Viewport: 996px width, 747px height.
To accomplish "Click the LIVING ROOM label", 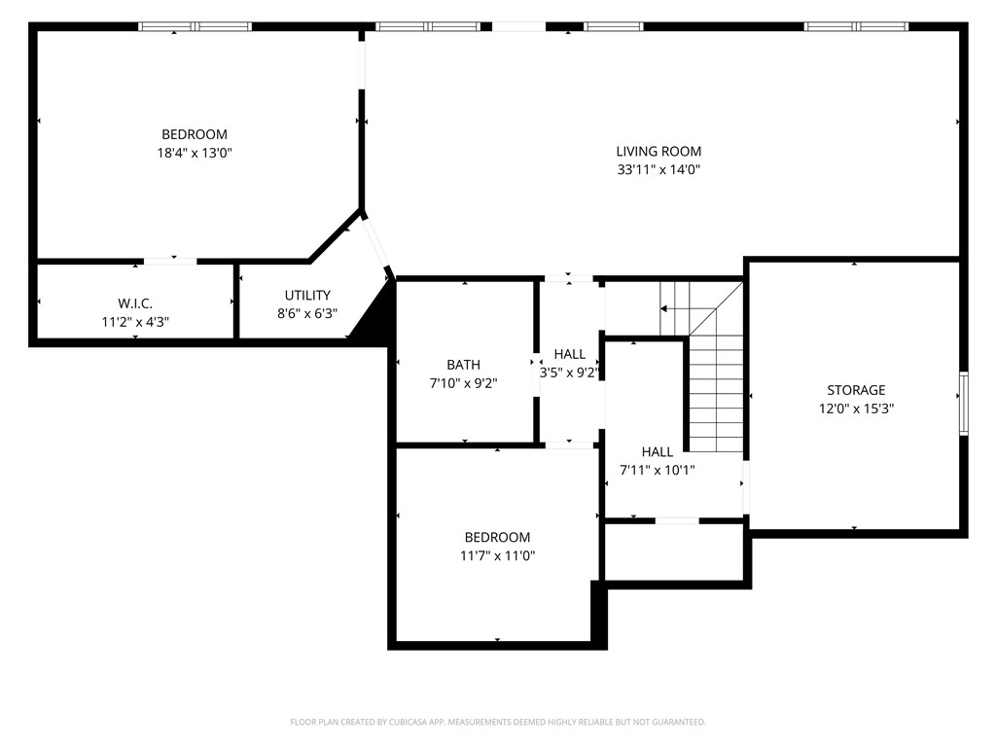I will [x=658, y=151].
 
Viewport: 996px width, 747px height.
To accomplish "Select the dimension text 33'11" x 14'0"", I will [x=658, y=169].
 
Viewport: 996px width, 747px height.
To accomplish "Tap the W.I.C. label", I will [x=134, y=303].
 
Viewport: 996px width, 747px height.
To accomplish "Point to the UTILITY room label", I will [x=307, y=295].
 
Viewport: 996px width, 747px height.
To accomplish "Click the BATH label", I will [x=463, y=365].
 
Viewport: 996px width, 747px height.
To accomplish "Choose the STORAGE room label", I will [x=856, y=390].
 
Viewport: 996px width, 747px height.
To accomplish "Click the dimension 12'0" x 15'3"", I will [x=856, y=409].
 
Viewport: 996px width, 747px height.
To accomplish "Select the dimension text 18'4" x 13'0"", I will [x=195, y=153].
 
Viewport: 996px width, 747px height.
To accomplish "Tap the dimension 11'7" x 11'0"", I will [x=497, y=555].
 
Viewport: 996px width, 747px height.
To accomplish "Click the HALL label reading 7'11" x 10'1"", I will [x=658, y=452].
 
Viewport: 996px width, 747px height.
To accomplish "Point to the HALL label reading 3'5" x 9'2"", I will [x=570, y=354].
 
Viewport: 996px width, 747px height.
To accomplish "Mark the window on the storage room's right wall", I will [x=963, y=401].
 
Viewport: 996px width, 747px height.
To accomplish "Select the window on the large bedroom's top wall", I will [x=195, y=26].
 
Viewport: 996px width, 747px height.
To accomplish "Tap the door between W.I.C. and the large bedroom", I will [x=170, y=261].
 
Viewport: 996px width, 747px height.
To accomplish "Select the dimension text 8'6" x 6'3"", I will [x=307, y=314].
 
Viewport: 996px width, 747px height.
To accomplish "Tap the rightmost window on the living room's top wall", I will [x=855, y=26].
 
